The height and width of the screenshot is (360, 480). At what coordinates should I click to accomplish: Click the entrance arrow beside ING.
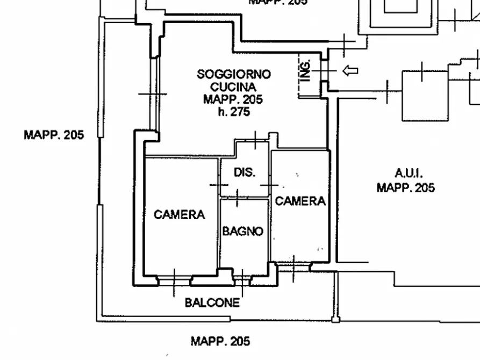point(350,71)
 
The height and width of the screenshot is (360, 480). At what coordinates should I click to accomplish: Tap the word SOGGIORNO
point(234,74)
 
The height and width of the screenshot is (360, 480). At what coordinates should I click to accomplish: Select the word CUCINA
point(233,87)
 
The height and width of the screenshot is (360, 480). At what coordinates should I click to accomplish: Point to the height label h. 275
point(234,112)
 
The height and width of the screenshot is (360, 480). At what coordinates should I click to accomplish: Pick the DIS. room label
point(245,172)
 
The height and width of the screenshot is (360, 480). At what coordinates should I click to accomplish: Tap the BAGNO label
point(243,231)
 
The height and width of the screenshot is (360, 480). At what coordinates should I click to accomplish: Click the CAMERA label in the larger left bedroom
point(180,214)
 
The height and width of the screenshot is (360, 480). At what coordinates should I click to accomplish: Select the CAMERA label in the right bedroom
point(300,201)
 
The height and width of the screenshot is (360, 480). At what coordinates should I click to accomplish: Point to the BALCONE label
point(212,303)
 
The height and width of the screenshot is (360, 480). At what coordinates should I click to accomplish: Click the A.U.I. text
point(409,173)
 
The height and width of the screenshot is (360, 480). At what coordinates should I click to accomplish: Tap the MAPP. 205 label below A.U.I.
point(406,188)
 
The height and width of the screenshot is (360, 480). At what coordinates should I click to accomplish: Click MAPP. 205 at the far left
point(54,135)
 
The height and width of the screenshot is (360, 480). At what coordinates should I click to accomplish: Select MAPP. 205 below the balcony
point(220,341)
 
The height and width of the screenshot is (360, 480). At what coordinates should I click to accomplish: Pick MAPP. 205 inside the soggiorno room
point(233,99)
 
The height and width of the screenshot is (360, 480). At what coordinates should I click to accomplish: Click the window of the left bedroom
point(174,281)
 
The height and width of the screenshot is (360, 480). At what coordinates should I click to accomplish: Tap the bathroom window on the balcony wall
point(242,281)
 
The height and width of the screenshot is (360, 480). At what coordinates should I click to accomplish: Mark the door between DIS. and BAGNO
point(237,198)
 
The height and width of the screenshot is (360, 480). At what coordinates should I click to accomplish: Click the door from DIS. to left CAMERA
point(219,185)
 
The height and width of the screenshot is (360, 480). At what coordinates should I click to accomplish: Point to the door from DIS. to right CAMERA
point(270,185)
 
